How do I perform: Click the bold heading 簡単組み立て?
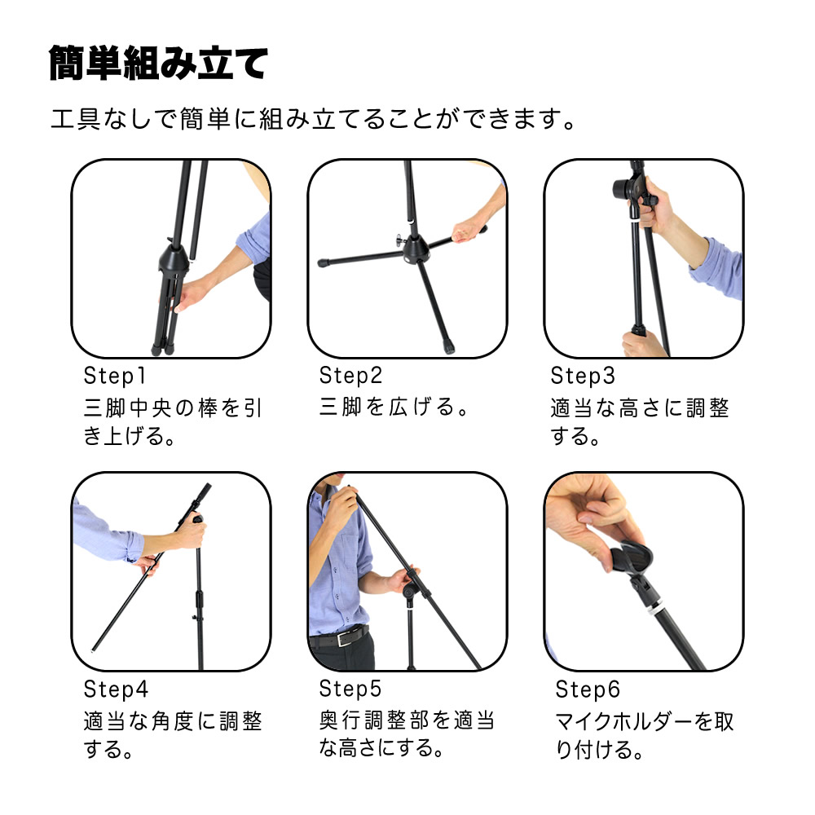click(x=159, y=63)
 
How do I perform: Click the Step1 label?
click(x=115, y=376)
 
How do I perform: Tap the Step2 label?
click(x=350, y=376)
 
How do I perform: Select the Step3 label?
click(x=583, y=376)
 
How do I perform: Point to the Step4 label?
click(x=116, y=689)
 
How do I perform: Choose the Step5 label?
click(x=350, y=689)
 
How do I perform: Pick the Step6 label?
click(x=588, y=689)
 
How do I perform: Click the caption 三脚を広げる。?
click(x=394, y=407)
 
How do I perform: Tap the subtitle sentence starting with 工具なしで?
click(x=314, y=119)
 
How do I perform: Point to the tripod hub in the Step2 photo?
click(x=415, y=250)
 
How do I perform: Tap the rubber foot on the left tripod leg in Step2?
click(x=324, y=263)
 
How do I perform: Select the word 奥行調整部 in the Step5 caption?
click(x=375, y=720)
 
